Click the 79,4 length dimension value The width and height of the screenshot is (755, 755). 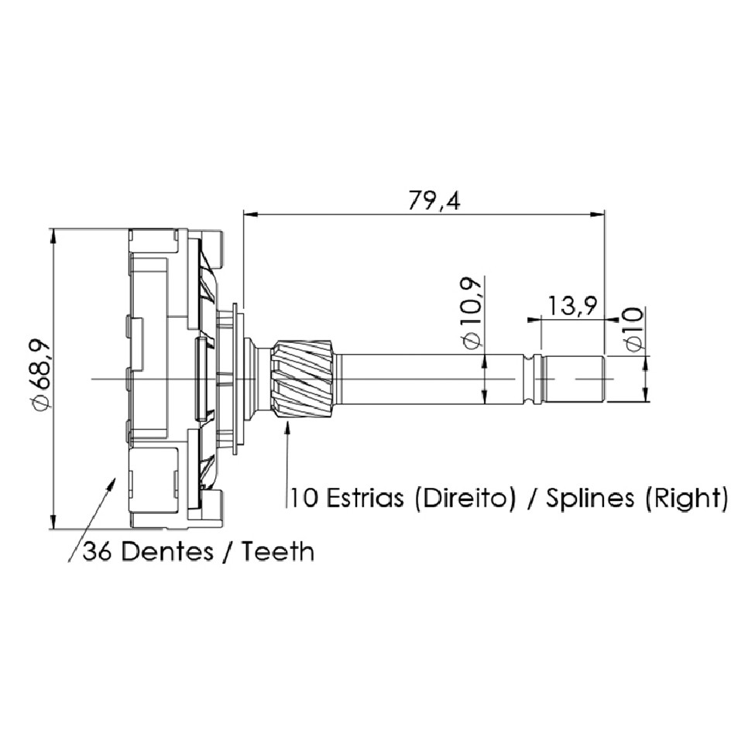[434, 201]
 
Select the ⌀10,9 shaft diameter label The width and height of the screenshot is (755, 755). [471, 312]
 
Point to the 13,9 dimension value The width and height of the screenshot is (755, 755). [572, 305]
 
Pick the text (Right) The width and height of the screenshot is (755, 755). [686, 499]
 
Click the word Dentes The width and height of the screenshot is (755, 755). [167, 551]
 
